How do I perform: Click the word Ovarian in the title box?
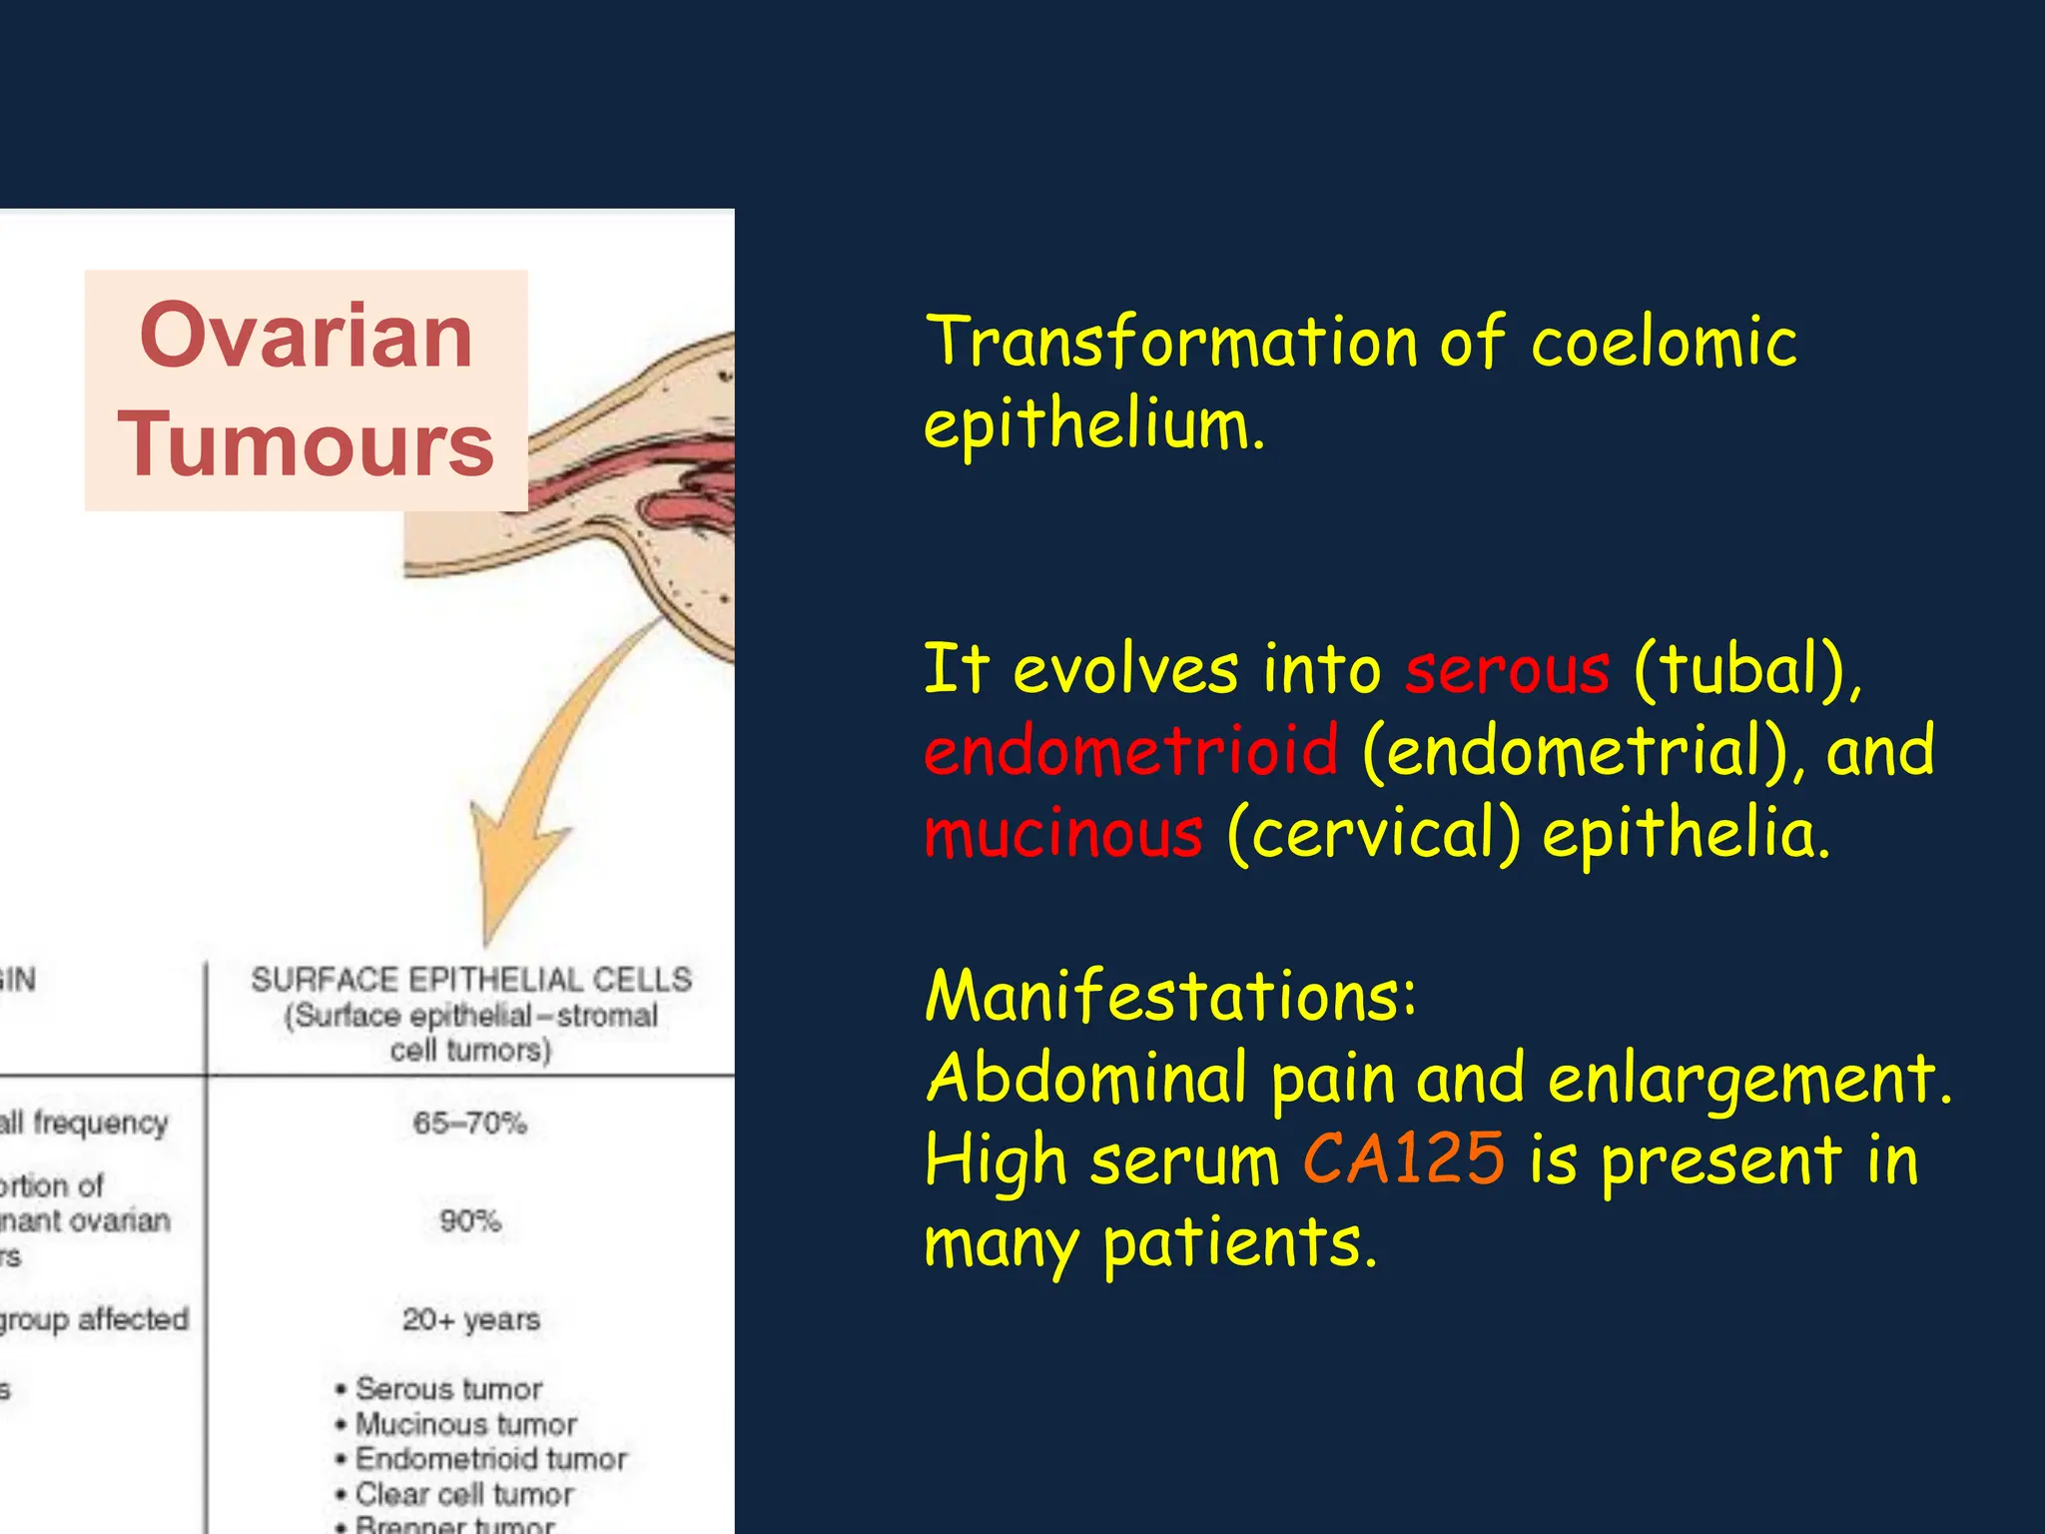pos(306,336)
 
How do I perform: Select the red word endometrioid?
pos(1130,751)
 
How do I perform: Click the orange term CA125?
pos(1403,1160)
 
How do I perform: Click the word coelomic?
pos(1664,342)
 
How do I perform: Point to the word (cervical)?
pos(1373,834)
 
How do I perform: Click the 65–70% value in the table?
pos(469,1124)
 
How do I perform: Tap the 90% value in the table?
pos(469,1220)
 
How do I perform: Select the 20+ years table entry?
pos(470,1320)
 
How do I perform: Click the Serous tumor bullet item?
pos(448,1389)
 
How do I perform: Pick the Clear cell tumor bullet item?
pos(464,1494)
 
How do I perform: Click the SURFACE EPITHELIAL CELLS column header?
pos(470,980)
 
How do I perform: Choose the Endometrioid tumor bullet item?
pos(490,1459)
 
